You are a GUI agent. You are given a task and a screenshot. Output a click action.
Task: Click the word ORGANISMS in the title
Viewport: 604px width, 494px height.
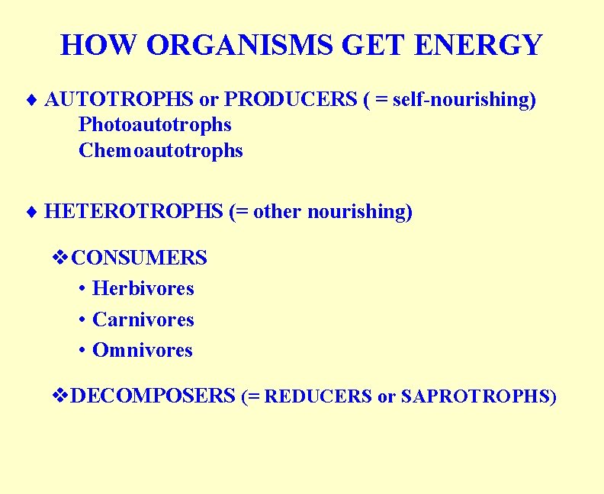tap(240, 45)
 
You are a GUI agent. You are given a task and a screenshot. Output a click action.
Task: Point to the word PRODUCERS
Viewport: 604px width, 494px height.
tap(291, 100)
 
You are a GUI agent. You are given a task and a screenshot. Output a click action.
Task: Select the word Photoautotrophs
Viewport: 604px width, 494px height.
tap(155, 124)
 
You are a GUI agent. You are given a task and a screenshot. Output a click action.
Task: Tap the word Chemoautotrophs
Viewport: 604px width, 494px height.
tap(161, 151)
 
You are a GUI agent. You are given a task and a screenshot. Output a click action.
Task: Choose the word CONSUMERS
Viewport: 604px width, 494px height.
tap(139, 258)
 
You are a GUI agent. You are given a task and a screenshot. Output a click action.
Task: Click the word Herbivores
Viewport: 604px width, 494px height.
tap(143, 289)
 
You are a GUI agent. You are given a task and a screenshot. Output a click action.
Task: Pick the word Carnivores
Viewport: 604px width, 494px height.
tap(143, 320)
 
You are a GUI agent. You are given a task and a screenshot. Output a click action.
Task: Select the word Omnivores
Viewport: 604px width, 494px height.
tap(143, 351)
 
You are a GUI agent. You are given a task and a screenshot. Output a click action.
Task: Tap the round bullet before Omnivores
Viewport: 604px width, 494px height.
tap(82, 351)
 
